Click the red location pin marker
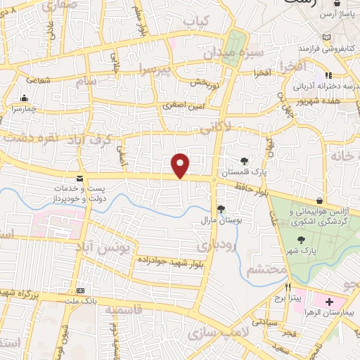click(181, 165)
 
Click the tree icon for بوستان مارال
click(221, 208)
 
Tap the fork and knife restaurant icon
click(288, 288)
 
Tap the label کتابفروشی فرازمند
click(325, 49)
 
